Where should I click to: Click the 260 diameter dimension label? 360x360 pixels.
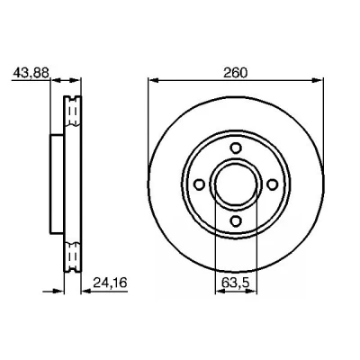pyautogui.click(x=236, y=73)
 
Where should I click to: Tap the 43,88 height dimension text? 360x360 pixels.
pyautogui.click(x=31, y=73)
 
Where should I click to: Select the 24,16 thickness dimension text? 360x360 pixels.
pyautogui.click(x=110, y=283)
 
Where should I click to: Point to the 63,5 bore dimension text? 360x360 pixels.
pyautogui.click(x=236, y=283)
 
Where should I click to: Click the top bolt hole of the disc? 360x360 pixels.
pyautogui.click(x=236, y=148)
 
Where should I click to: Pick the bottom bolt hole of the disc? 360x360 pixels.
pyautogui.click(x=236, y=220)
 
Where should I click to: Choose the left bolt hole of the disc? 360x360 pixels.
pyautogui.click(x=199, y=184)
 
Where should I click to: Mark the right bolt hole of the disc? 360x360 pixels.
pyautogui.click(x=273, y=184)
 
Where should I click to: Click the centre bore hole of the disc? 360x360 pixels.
pyautogui.click(x=236, y=184)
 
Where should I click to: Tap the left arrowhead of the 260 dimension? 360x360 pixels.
pyautogui.click(x=154, y=80)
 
